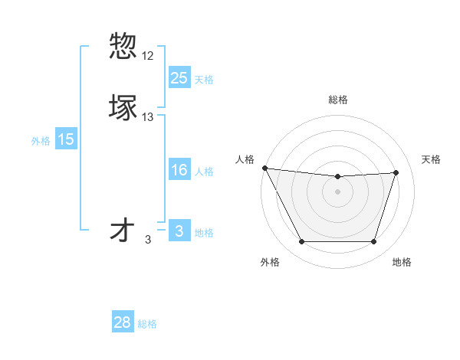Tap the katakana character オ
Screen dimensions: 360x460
pyautogui.click(x=123, y=230)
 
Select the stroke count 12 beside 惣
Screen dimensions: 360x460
pyautogui.click(x=148, y=56)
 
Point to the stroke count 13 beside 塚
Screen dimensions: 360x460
pyautogui.click(x=148, y=117)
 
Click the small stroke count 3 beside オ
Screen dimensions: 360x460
pyautogui.click(x=148, y=240)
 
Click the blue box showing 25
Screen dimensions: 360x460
pyautogui.click(x=179, y=77)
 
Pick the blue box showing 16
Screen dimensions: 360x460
pyautogui.click(x=179, y=170)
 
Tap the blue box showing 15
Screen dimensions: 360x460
pyautogui.click(x=66, y=139)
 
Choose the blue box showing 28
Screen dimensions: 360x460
pyautogui.click(x=123, y=322)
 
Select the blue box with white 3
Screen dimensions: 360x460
pyautogui.click(x=179, y=231)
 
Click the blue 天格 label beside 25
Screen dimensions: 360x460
pyautogui.click(x=204, y=79)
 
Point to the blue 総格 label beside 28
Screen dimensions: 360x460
pyautogui.click(x=147, y=324)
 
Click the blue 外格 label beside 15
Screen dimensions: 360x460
pyautogui.click(x=40, y=141)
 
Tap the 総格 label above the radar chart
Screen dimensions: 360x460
pyautogui.click(x=337, y=100)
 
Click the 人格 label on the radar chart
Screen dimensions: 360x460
pyautogui.click(x=245, y=159)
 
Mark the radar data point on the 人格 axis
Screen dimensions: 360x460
pyautogui.click(x=264, y=168)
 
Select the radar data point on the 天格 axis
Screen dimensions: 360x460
pyautogui.click(x=396, y=172)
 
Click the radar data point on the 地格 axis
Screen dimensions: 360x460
pyautogui.click(x=373, y=242)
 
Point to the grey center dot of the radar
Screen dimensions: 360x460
pyautogui.click(x=337, y=191)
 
